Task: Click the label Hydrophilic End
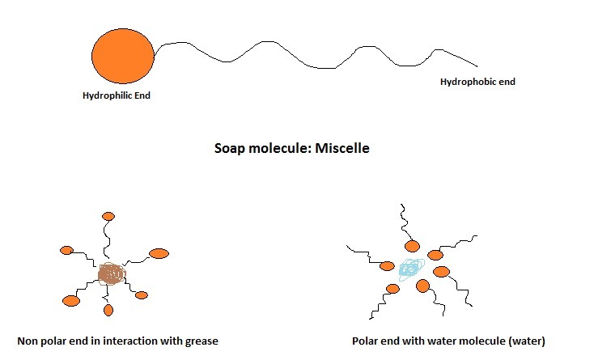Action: click(117, 95)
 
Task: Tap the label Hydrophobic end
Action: click(477, 82)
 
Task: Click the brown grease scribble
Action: click(112, 274)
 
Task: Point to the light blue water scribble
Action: click(412, 266)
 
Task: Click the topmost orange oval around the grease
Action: click(108, 217)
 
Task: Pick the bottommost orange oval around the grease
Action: click(108, 310)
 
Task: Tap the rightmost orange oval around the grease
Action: click(159, 253)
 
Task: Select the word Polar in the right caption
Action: click(367, 341)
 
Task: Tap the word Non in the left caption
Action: click(28, 341)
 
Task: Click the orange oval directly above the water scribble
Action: click(413, 246)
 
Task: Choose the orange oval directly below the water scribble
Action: click(422, 285)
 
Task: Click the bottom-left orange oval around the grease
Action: click(71, 301)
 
